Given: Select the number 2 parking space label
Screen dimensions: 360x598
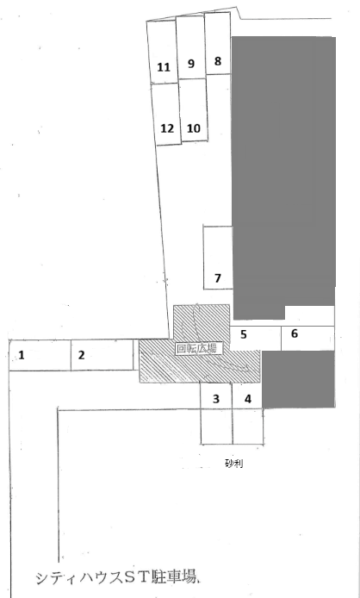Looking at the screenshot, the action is tap(81, 355).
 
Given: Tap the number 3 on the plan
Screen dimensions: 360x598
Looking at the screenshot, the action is tap(216, 399).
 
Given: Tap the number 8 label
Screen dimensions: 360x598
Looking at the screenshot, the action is tap(218, 61).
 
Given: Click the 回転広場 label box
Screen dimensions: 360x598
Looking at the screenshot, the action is tap(197, 348).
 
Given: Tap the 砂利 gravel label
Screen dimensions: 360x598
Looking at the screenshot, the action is tap(233, 464).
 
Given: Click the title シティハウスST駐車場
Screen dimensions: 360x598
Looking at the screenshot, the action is tap(117, 577).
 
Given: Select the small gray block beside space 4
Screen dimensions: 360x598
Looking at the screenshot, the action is tap(299, 379).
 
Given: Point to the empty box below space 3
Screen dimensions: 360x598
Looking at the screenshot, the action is tap(217, 427).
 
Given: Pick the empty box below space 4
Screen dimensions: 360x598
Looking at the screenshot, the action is tap(248, 427).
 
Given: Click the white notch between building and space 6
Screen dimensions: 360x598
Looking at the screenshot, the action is tap(310, 315).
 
